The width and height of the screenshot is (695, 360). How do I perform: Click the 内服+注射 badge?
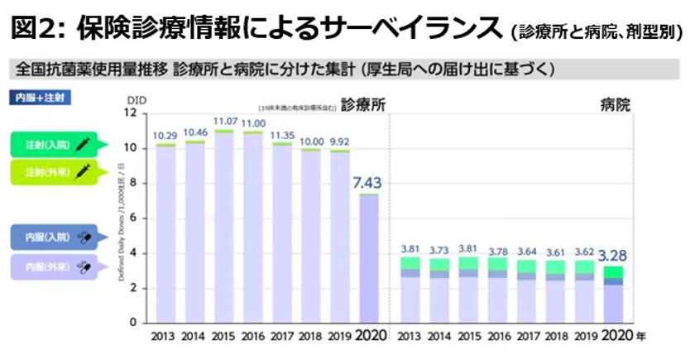click(x=39, y=97)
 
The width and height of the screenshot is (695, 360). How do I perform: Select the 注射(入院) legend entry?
click(x=59, y=145)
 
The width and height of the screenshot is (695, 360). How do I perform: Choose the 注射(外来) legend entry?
click(x=59, y=172)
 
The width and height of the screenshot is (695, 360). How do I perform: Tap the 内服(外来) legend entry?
click(x=58, y=266)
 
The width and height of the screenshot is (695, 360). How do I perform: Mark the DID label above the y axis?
click(x=136, y=100)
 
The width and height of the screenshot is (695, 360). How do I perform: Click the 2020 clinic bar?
click(x=367, y=258)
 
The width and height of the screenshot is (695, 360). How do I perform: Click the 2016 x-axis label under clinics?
click(x=253, y=338)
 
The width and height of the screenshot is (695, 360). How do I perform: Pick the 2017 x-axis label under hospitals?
click(x=525, y=338)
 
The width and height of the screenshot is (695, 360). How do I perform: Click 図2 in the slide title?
click(x=36, y=29)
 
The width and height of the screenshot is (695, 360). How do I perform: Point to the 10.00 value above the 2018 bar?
click(x=311, y=142)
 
